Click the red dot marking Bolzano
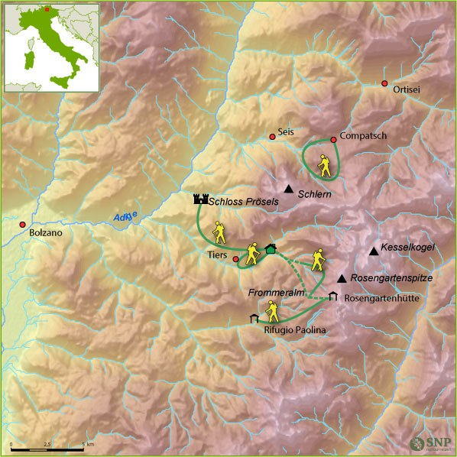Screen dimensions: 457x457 pyautogui.click(x=22, y=225)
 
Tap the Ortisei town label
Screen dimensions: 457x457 pyautogui.click(x=406, y=89)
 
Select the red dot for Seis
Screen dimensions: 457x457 pyautogui.click(x=272, y=137)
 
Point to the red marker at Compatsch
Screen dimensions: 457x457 pyautogui.click(x=333, y=139)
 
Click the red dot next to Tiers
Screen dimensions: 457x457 pyautogui.click(x=235, y=259)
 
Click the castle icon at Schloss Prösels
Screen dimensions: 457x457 pyautogui.click(x=200, y=199)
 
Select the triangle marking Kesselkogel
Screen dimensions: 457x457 pyautogui.click(x=373, y=251)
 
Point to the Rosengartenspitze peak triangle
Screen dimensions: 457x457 pyautogui.click(x=341, y=278)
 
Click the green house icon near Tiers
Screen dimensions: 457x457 pyautogui.click(x=270, y=248)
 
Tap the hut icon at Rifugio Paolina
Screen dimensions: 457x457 pyautogui.click(x=254, y=318)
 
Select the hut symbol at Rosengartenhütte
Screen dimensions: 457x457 pyautogui.click(x=332, y=297)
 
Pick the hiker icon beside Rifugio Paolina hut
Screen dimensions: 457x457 pyautogui.click(x=271, y=310)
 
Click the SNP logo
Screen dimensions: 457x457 pyautogui.click(x=429, y=442)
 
